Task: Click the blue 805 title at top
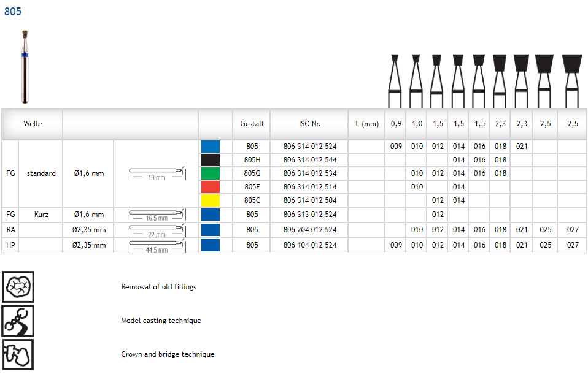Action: click(x=13, y=12)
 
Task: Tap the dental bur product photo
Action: click(x=25, y=67)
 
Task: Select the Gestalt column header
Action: click(x=252, y=124)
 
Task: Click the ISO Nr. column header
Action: click(x=309, y=124)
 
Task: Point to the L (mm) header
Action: click(x=367, y=124)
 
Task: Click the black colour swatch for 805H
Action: click(x=211, y=160)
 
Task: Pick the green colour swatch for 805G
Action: click(x=211, y=173)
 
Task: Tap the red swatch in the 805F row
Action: click(x=211, y=187)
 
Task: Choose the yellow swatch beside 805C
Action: click(x=211, y=200)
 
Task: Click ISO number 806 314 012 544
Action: click(x=310, y=160)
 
